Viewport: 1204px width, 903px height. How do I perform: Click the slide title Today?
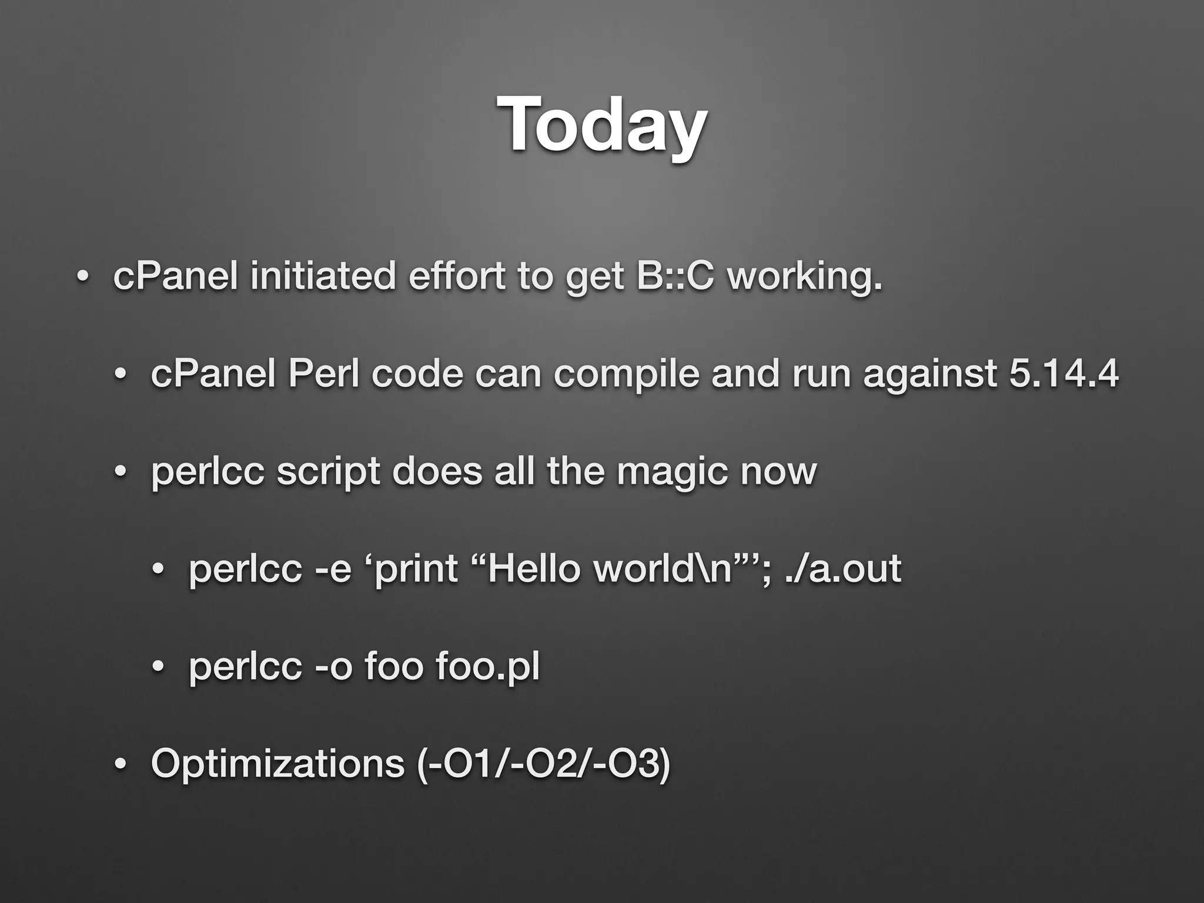pos(601,125)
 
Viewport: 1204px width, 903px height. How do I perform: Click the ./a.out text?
pos(844,568)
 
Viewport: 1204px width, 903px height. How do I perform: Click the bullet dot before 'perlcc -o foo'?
pos(158,667)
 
